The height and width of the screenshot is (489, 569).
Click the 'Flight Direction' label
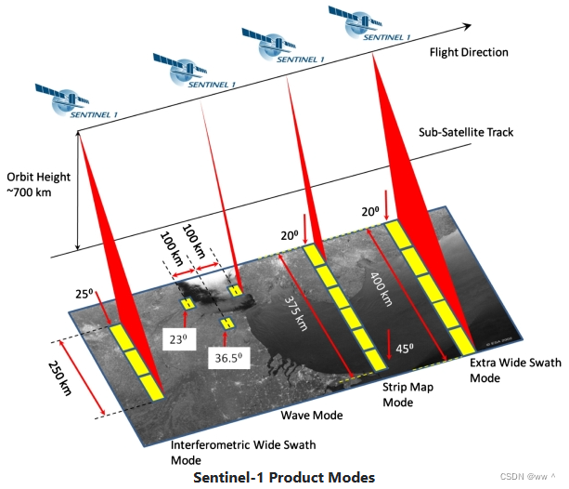[x=469, y=53]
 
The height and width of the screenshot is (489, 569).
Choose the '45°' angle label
[x=402, y=350]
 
